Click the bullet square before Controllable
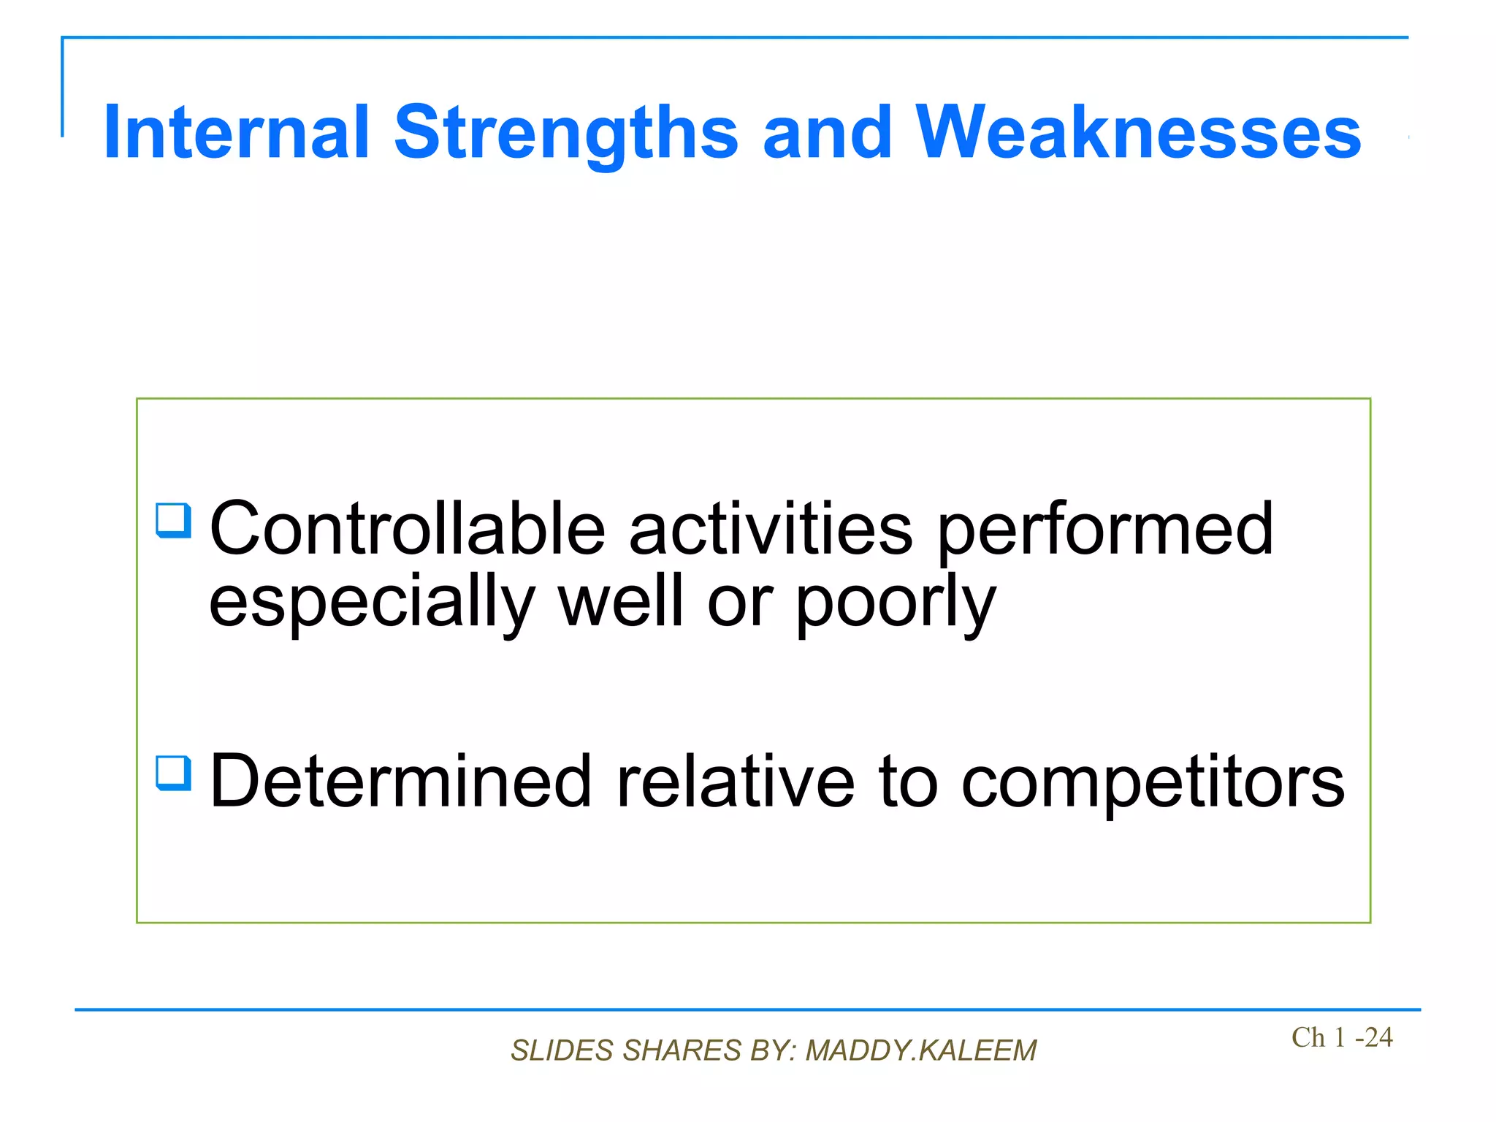[x=173, y=520]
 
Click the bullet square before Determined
[x=173, y=773]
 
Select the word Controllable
[x=407, y=528]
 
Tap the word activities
[x=771, y=528]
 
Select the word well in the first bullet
[x=621, y=600]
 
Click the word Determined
[x=400, y=782]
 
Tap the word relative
[x=736, y=782]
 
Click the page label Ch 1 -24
[x=1341, y=1037]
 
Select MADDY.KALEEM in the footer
[x=921, y=1050]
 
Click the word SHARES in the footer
[x=682, y=1050]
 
